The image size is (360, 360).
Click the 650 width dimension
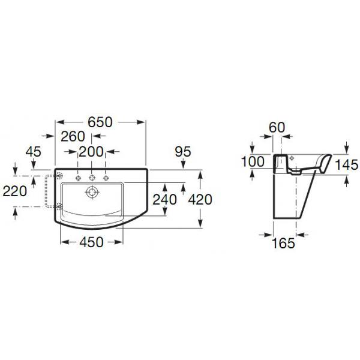[x=100, y=122]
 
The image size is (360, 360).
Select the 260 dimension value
[x=73, y=137]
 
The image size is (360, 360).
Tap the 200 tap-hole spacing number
[x=91, y=152]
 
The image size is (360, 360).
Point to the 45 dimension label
[x=34, y=152]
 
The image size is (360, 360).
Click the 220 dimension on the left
[x=15, y=191]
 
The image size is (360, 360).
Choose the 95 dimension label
[x=183, y=152]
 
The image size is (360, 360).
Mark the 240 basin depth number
[x=165, y=199]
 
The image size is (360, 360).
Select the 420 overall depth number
[x=200, y=199]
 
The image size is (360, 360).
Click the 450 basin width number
[x=92, y=242]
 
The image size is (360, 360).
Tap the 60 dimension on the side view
[x=277, y=127]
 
